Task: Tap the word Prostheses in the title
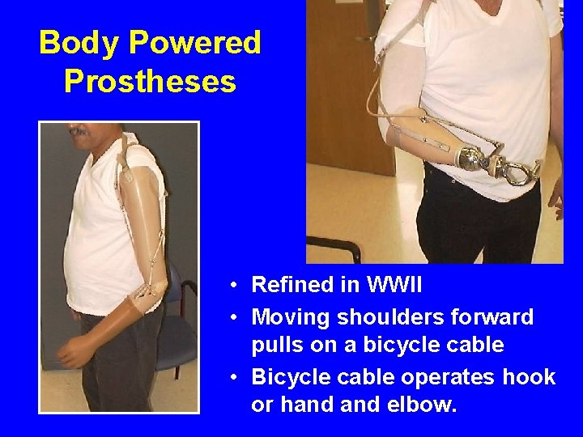point(149,81)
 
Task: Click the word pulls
point(276,346)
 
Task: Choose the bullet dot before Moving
point(232,317)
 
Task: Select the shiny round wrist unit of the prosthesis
point(467,159)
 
